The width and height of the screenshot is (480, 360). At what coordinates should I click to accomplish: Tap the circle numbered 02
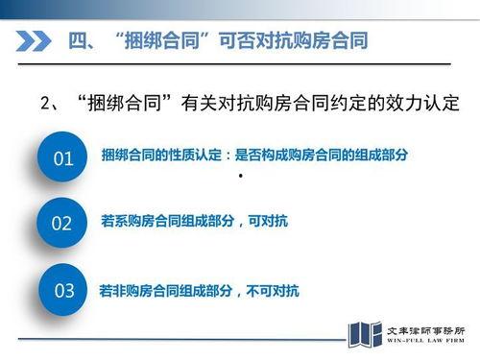[61, 224]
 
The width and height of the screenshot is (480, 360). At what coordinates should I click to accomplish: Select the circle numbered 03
[63, 291]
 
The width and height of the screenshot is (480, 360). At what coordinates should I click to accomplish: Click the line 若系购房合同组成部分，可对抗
[194, 222]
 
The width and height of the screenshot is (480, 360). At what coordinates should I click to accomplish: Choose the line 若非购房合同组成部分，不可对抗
[200, 290]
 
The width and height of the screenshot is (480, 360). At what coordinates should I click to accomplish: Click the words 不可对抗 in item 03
[274, 290]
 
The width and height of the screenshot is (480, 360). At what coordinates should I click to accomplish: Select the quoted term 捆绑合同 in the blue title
[169, 42]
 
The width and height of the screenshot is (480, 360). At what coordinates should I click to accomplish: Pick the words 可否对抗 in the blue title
[253, 42]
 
